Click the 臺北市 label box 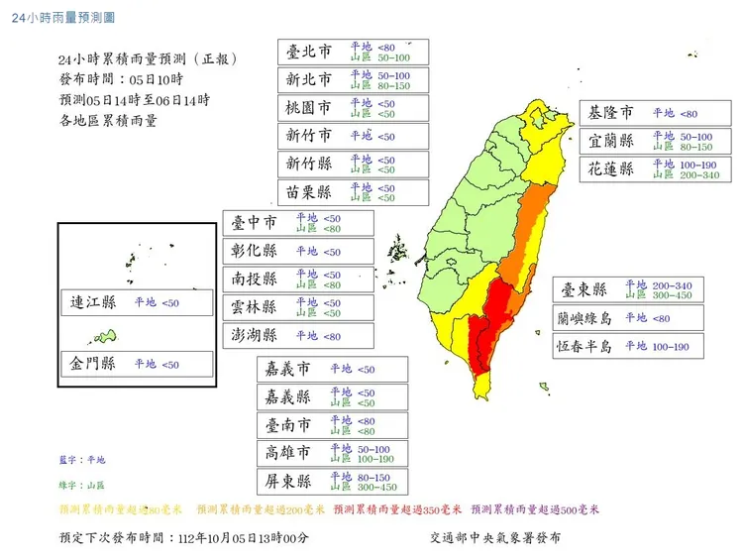click(308, 52)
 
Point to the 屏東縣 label click(288, 482)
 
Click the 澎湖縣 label click(256, 336)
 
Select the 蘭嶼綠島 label click(585, 318)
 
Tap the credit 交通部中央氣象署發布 click(495, 538)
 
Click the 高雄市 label click(288, 453)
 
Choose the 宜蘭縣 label click(611, 142)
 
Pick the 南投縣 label click(256, 279)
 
